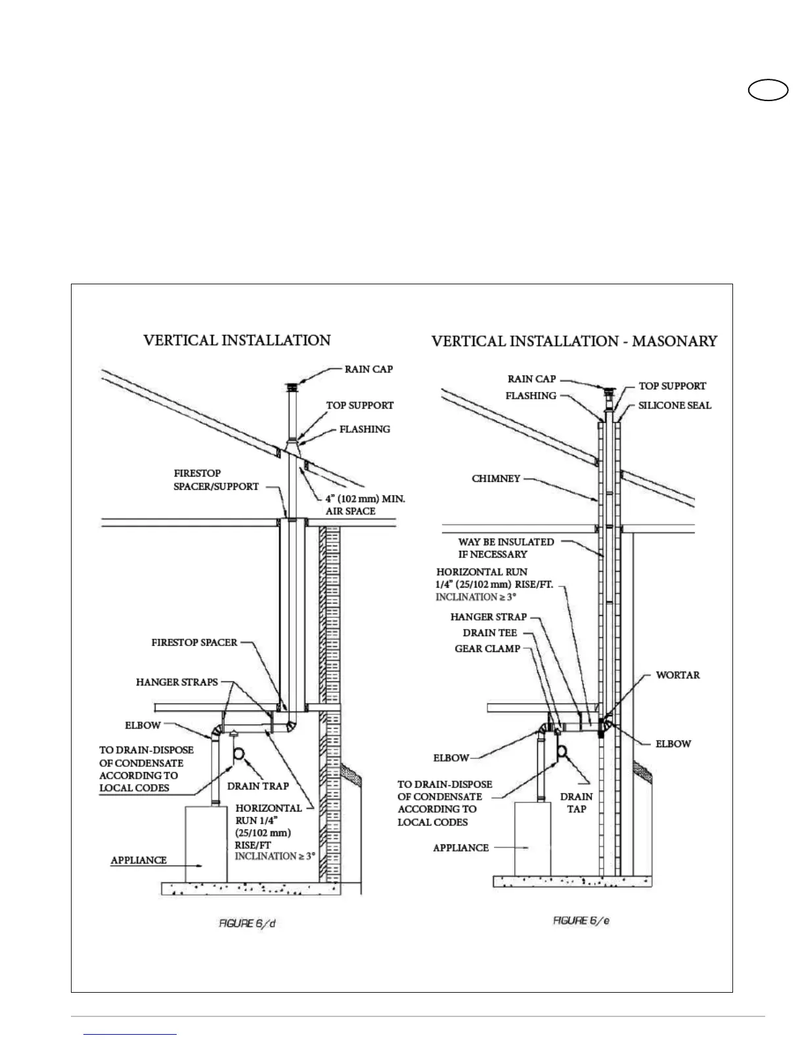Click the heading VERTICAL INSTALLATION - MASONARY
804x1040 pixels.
[573, 341]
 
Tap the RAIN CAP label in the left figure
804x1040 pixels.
[368, 369]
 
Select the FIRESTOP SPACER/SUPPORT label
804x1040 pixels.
[216, 480]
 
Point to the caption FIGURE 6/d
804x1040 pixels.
[246, 924]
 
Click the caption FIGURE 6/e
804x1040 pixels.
[581, 921]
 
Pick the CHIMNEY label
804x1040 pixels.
[496, 479]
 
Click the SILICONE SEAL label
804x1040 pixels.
[675, 405]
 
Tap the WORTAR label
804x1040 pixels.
[678, 675]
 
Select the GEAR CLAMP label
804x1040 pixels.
[487, 649]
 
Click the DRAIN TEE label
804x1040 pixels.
[490, 633]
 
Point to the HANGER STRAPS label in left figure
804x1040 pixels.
[177, 682]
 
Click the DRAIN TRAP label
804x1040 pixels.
[258, 786]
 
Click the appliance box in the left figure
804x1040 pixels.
[206, 844]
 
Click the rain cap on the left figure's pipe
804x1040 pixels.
[290, 387]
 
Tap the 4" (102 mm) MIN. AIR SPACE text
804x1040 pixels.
[365, 505]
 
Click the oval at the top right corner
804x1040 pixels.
[769, 90]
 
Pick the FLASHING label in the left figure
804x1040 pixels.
[365, 429]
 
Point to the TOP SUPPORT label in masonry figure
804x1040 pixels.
[672, 386]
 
